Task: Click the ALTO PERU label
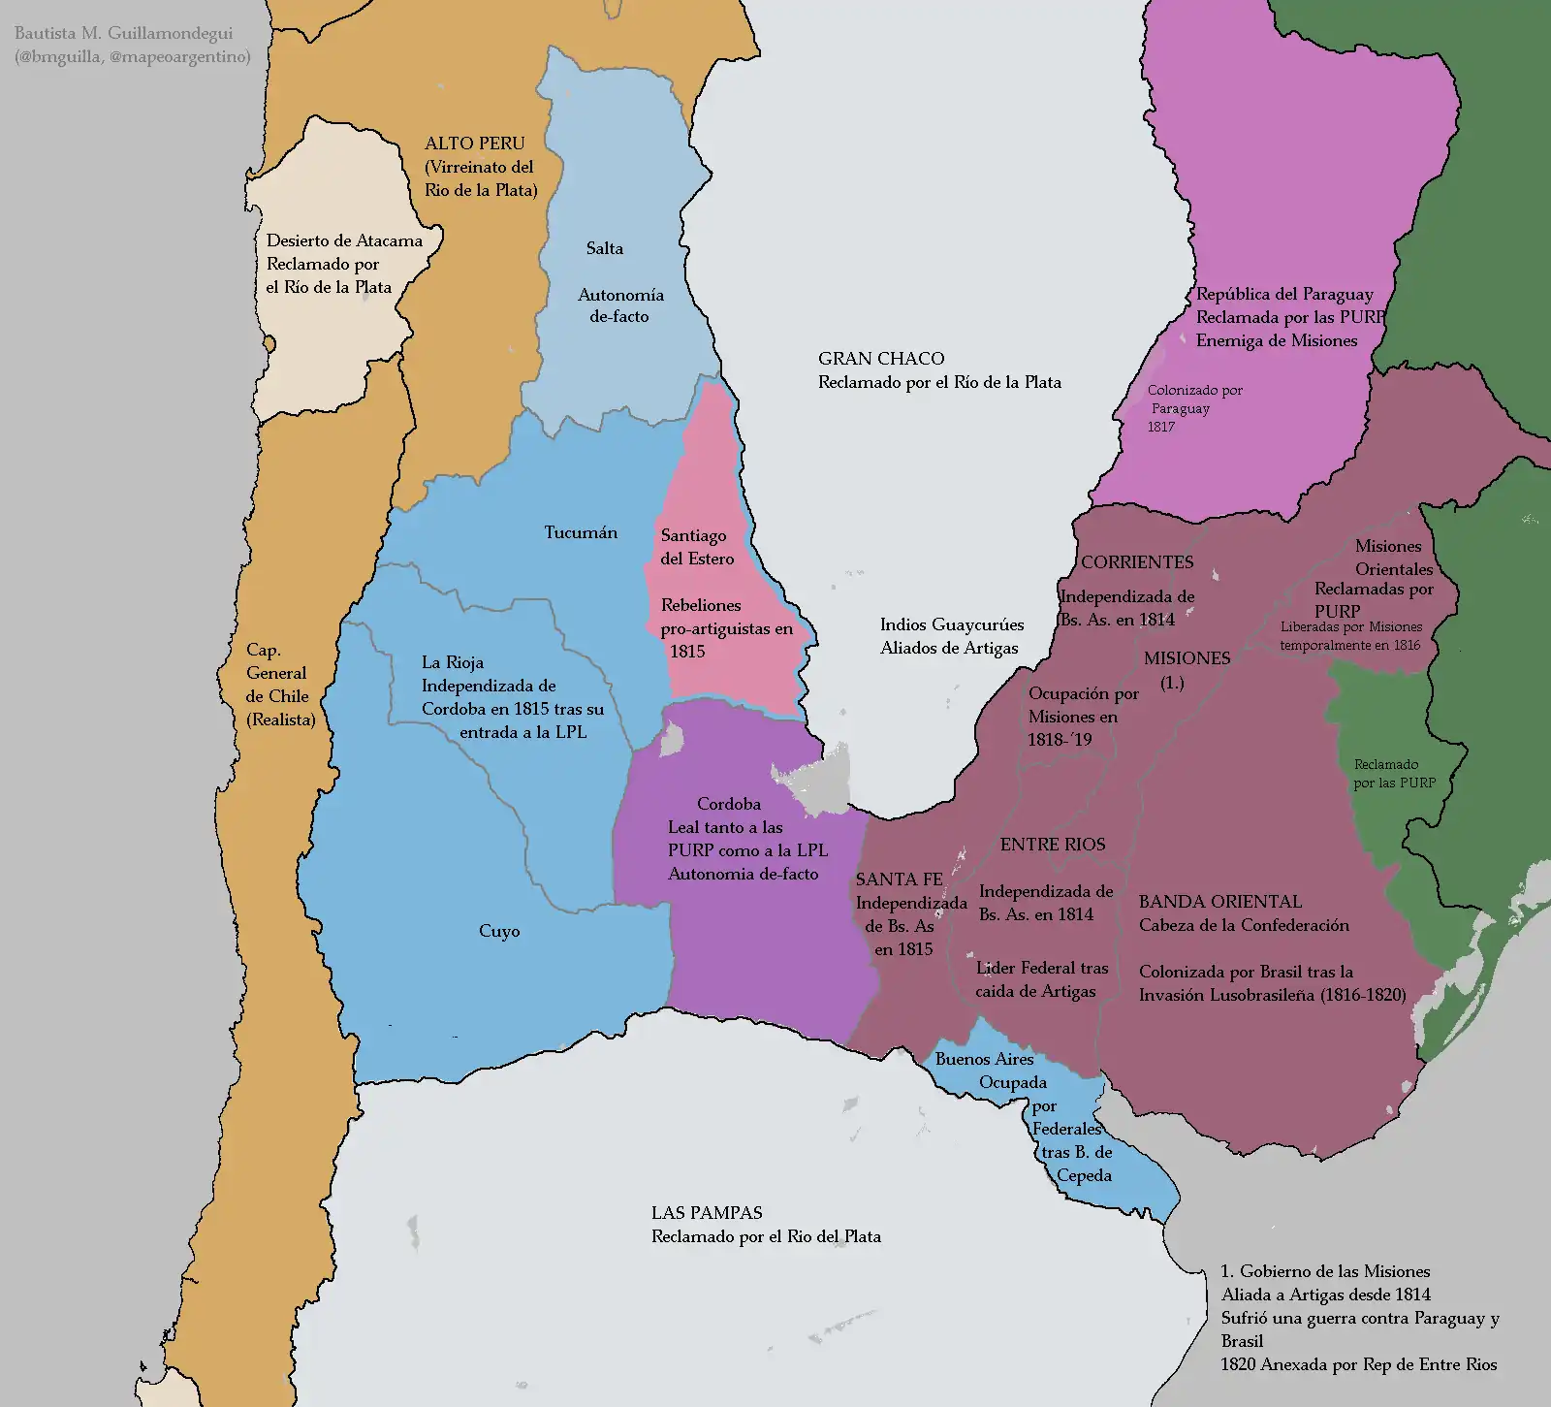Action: coord(474,144)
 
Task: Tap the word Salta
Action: coord(604,248)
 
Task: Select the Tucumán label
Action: coord(581,532)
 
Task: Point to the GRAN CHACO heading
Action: coord(880,359)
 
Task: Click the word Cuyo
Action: coord(499,931)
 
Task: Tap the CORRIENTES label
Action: coord(1137,562)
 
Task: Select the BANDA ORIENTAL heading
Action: coord(1219,902)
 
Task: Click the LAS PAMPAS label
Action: coord(707,1213)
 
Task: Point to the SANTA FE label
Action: coord(899,879)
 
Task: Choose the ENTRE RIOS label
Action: coord(1053,845)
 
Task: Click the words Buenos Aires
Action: coord(984,1059)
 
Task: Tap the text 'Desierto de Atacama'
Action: coord(344,240)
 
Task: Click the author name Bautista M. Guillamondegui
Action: coord(123,33)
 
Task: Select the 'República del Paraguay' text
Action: coord(1284,294)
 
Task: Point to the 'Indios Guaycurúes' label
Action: coord(951,624)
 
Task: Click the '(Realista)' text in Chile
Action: coord(280,719)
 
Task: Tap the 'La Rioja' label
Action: coord(453,662)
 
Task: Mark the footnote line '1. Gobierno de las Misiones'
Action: coord(1325,1271)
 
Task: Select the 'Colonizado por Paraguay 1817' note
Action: coord(1193,408)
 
